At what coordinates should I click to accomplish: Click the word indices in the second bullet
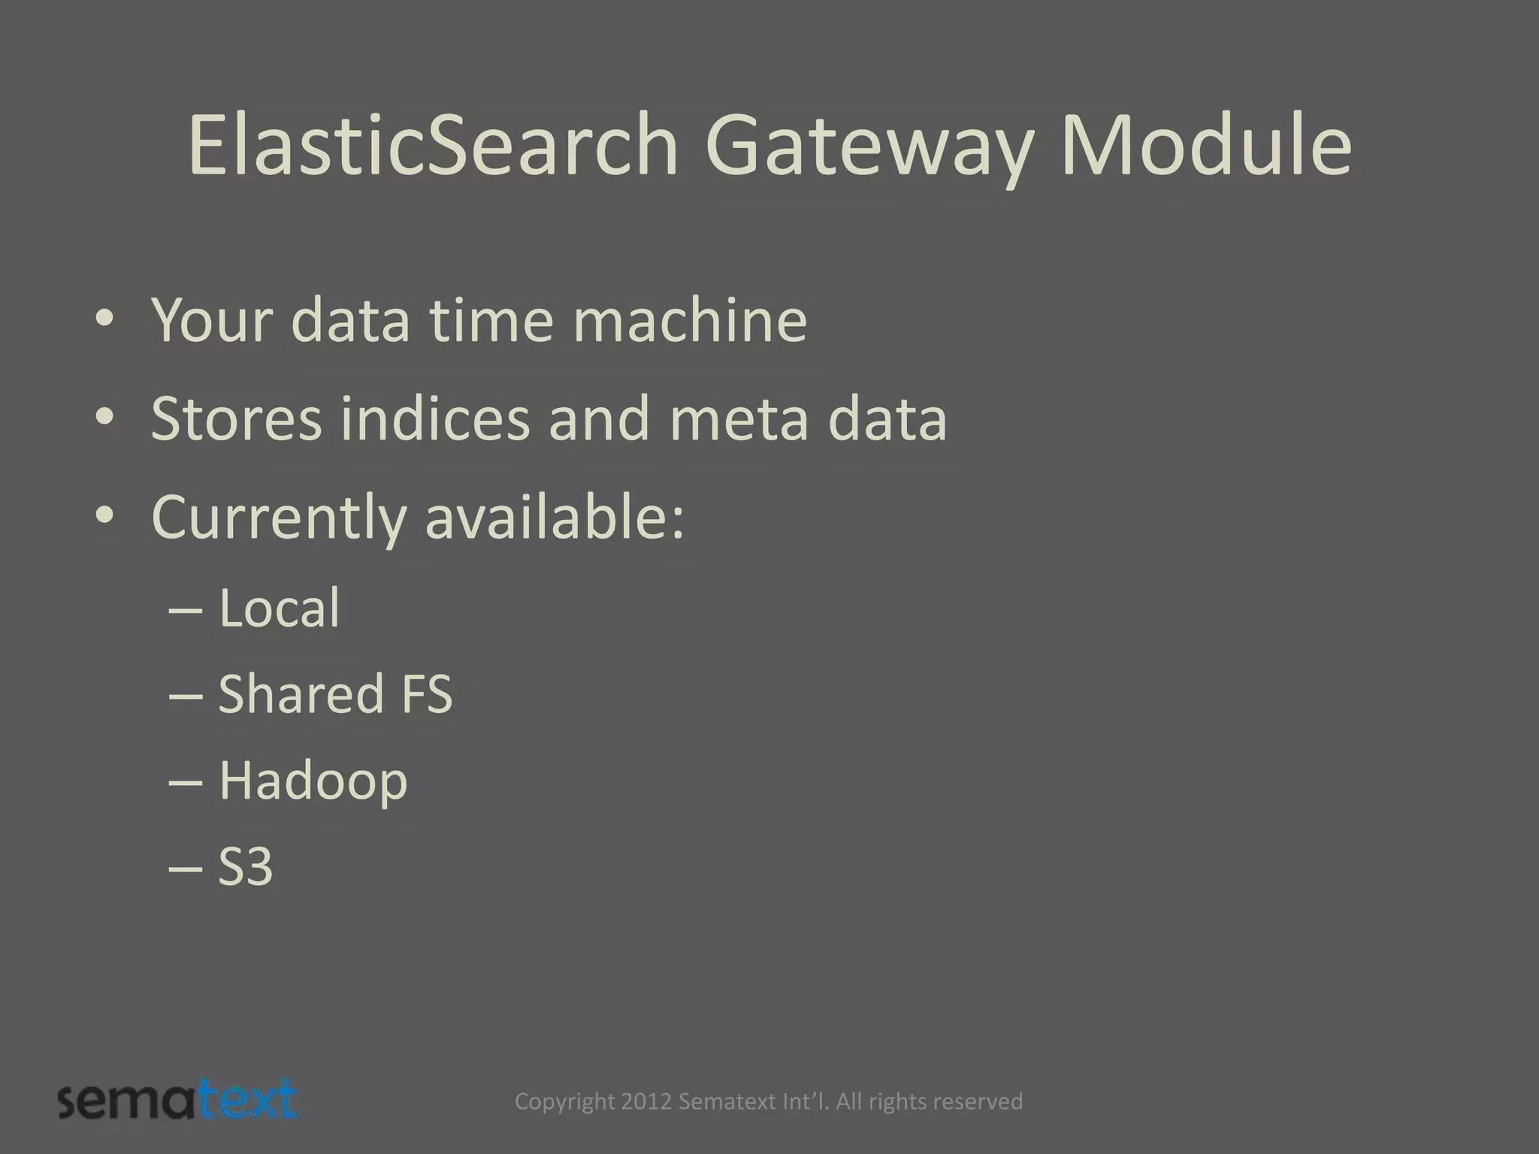[x=435, y=418]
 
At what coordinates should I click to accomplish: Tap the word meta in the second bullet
[x=738, y=418]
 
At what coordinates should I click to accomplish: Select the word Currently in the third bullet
[x=278, y=518]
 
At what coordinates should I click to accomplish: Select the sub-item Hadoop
[x=313, y=781]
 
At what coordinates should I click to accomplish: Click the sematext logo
[x=178, y=1101]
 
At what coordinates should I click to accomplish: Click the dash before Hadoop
[x=186, y=781]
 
